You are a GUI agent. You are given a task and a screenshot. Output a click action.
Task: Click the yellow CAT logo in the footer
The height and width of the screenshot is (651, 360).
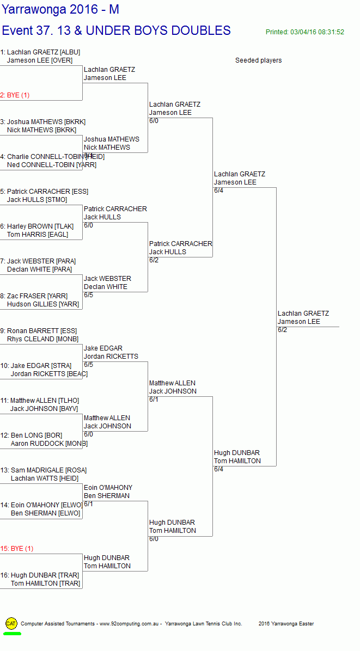click(11, 623)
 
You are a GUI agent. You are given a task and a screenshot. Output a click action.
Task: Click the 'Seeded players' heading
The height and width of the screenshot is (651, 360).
click(258, 60)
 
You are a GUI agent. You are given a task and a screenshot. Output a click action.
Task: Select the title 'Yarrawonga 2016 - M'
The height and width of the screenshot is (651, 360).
click(60, 9)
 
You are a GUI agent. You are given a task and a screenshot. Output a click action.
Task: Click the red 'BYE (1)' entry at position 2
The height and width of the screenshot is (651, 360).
click(15, 95)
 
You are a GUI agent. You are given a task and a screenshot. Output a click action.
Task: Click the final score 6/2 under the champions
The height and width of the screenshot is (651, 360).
click(282, 330)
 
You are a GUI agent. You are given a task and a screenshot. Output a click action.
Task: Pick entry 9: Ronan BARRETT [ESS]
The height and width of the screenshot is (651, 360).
click(39, 331)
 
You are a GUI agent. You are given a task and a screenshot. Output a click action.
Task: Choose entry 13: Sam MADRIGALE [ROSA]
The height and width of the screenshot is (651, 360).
click(44, 470)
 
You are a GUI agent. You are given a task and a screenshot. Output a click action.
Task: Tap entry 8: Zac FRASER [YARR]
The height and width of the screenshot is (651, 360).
click(34, 296)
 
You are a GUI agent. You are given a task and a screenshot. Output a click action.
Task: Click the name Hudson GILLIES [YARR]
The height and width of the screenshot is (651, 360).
click(43, 304)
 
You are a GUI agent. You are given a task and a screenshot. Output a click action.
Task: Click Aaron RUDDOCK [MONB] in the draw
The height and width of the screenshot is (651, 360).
click(49, 444)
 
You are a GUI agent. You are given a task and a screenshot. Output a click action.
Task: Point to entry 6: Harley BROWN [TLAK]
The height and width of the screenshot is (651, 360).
click(37, 226)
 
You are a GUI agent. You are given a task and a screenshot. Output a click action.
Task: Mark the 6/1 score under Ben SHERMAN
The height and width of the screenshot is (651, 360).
click(88, 504)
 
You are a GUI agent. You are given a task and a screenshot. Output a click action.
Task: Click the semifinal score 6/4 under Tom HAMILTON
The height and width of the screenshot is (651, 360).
click(218, 469)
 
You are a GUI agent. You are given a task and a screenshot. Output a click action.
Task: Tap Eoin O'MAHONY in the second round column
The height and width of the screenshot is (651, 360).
click(108, 488)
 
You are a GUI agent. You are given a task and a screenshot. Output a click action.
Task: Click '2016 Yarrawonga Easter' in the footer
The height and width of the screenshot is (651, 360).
click(286, 624)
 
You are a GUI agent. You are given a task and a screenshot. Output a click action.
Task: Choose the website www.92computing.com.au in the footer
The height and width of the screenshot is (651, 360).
click(129, 624)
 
